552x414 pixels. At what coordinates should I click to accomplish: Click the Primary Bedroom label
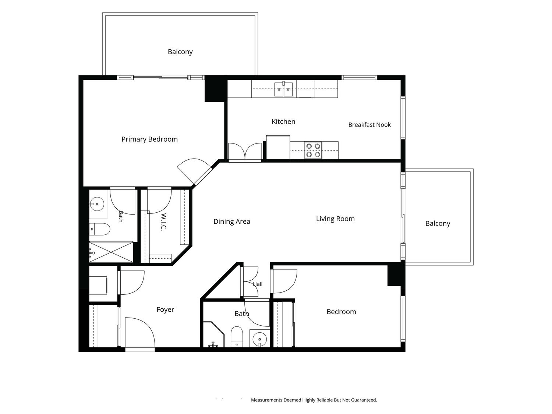149,139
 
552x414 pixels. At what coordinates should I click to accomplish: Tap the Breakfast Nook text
369,125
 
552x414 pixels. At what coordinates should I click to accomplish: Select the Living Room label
335,219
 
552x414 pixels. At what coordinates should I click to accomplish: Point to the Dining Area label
231,222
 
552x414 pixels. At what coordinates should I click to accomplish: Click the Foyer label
165,310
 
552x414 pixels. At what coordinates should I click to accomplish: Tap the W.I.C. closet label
164,222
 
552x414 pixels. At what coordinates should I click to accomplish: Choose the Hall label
258,284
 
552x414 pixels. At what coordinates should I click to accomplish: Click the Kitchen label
283,122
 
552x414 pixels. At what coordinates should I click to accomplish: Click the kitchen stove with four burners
313,150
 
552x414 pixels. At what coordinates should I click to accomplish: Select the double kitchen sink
283,89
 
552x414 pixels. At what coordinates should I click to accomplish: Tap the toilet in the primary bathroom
100,229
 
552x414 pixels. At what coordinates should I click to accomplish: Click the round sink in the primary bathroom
97,204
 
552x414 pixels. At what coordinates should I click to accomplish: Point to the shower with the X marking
111,252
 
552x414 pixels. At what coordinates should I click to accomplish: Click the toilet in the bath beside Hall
237,337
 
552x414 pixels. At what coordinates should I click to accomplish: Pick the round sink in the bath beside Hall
259,339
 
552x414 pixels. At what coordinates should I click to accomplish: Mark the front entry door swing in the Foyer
140,333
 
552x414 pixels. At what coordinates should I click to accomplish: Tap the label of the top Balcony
180,52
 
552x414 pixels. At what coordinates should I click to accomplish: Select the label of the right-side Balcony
438,223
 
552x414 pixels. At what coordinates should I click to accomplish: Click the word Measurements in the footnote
267,400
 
